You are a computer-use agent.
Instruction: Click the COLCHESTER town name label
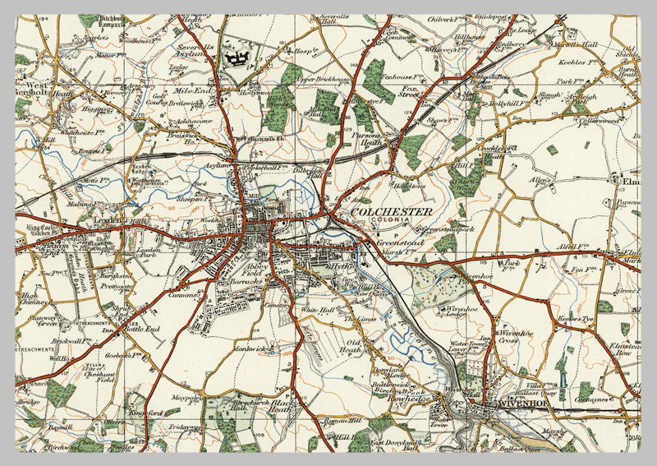(391, 212)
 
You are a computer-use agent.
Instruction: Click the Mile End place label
(192, 91)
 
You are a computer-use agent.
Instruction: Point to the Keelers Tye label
(574, 317)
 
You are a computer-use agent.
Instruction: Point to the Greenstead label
(393, 243)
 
